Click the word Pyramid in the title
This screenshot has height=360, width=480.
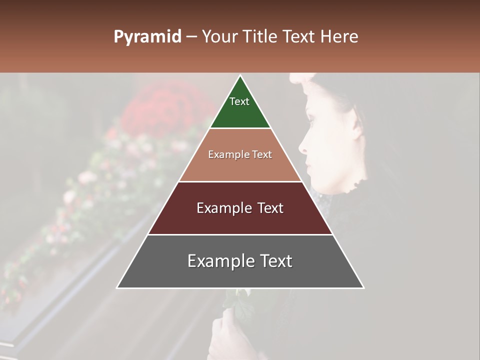tap(147, 37)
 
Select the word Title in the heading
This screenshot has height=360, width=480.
tap(261, 37)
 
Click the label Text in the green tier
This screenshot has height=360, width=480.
tap(239, 101)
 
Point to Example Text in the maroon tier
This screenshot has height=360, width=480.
tap(240, 208)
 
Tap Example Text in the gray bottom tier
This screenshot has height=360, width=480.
tap(240, 261)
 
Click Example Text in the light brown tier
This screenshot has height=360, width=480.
tap(240, 154)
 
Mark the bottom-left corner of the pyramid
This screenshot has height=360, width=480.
tap(117, 288)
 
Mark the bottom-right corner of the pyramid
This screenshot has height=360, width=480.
tap(363, 288)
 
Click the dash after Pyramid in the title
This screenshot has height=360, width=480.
tap(191, 37)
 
